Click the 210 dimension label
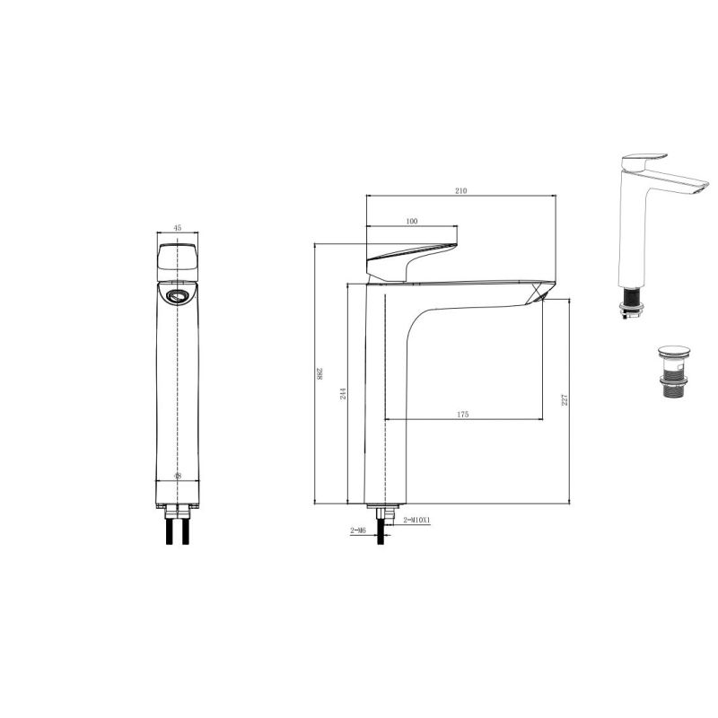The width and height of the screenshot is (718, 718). click(x=461, y=190)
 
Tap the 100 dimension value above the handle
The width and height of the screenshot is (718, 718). click(x=412, y=221)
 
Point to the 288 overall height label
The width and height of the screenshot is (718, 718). click(x=320, y=373)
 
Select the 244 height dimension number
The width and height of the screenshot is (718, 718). click(x=343, y=393)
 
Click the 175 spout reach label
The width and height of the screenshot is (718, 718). click(x=463, y=414)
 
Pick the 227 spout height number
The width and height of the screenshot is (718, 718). click(x=565, y=399)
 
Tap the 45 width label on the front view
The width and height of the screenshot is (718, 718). click(x=178, y=227)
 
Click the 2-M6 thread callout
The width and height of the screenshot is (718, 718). click(x=358, y=530)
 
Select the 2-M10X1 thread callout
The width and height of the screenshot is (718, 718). click(x=416, y=520)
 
